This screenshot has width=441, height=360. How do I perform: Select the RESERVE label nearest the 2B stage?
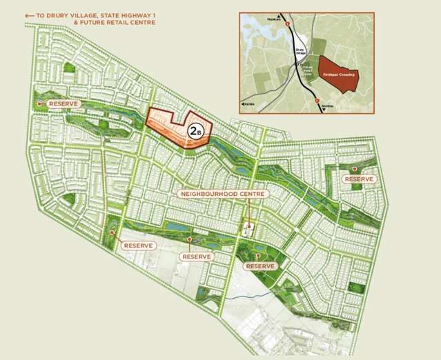63,103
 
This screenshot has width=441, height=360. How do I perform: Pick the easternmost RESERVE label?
359,179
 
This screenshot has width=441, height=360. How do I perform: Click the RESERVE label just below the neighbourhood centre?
262,266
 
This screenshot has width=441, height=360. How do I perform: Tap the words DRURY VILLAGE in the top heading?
73,14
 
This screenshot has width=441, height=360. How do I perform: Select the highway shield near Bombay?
317,101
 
